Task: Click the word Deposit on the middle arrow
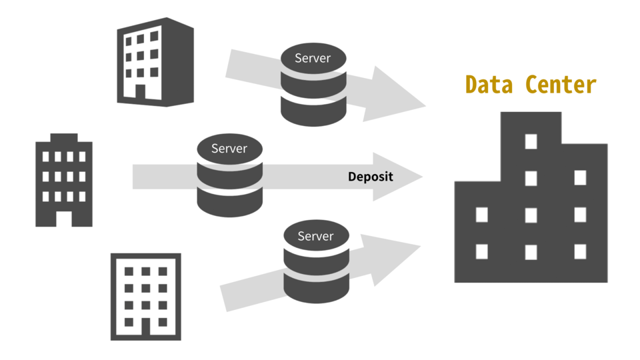pos(371,177)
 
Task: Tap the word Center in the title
pos(561,85)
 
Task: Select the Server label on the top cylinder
pos(313,58)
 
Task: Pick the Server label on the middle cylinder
pos(229,148)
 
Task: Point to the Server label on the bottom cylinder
pos(315,236)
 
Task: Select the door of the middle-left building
pos(64,217)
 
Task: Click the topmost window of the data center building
pos(531,141)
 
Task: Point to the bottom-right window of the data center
pos(580,251)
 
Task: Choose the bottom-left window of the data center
pos(481,251)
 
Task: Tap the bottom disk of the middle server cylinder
pos(230,202)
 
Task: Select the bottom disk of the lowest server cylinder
pos(316,288)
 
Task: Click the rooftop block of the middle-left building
pos(64,138)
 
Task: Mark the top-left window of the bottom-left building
pos(129,272)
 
